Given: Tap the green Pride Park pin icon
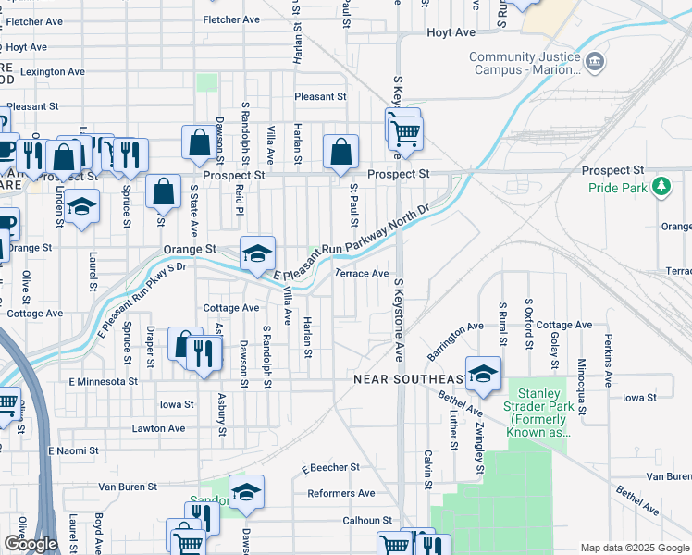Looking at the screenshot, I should coord(661,188).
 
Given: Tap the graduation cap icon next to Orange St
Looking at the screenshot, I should coord(258,252).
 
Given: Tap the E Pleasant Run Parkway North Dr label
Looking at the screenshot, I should coord(352,244).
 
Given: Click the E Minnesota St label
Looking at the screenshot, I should coord(103,380).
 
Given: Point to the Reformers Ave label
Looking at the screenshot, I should coord(341,493).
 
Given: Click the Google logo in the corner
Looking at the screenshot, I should coord(31,544).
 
